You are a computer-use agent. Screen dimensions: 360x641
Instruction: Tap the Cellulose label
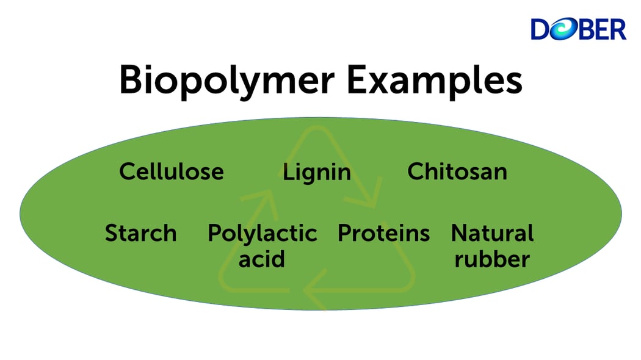coord(172,171)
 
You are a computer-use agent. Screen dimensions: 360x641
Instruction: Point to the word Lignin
coord(316,173)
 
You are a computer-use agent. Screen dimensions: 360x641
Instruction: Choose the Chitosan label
coord(457,171)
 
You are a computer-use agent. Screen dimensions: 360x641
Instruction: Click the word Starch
coord(140,233)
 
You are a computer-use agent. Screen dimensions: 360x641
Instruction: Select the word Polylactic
coord(262,234)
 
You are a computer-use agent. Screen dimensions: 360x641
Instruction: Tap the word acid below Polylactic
coord(261,259)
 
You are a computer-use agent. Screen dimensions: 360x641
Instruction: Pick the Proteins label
coord(383,233)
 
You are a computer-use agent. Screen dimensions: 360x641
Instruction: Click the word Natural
coord(492,233)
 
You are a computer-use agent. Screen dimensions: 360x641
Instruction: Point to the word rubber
coord(492,259)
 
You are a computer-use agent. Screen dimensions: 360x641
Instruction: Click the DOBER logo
coord(578,29)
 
